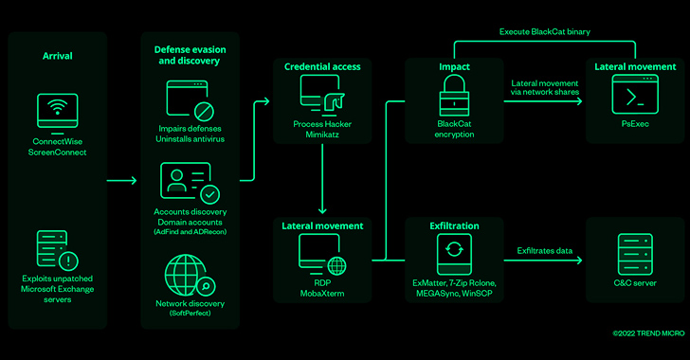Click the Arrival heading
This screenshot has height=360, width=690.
57,56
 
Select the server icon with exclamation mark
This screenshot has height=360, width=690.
57,250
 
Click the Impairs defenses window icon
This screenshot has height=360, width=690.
191,100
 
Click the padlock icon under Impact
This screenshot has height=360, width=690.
454,95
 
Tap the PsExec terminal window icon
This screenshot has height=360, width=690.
635,94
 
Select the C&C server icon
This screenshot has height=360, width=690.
635,255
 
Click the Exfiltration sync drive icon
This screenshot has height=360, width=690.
454,255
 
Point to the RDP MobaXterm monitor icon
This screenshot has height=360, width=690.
322,255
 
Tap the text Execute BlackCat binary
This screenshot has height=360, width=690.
545,31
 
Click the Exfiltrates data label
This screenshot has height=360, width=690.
545,251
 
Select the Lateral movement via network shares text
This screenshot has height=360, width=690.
545,87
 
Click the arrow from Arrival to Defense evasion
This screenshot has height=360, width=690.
122,180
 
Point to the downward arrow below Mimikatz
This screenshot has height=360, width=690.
322,179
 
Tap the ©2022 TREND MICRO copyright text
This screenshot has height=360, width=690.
648,333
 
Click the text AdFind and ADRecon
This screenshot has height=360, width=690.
191,232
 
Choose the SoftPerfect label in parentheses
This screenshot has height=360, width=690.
191,314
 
